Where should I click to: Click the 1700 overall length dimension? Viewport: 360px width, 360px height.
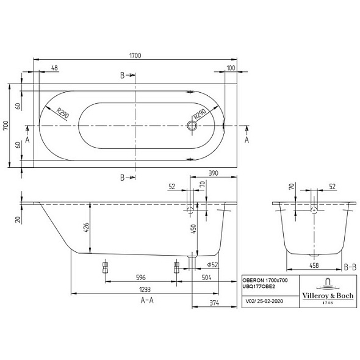point(135,56)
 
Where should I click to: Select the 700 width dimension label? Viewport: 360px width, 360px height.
point(5,126)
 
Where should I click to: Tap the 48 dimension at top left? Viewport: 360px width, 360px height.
point(55,68)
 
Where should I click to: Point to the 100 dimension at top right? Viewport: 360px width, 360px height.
point(231,68)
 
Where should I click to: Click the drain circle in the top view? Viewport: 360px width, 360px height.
point(192,126)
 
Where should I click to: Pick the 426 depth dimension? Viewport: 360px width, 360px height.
point(86,228)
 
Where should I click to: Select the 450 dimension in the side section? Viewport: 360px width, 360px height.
point(193,229)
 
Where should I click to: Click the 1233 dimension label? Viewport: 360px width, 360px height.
point(145,289)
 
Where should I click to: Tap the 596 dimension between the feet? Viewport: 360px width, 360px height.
point(141,278)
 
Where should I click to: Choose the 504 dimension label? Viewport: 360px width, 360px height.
point(206,278)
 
